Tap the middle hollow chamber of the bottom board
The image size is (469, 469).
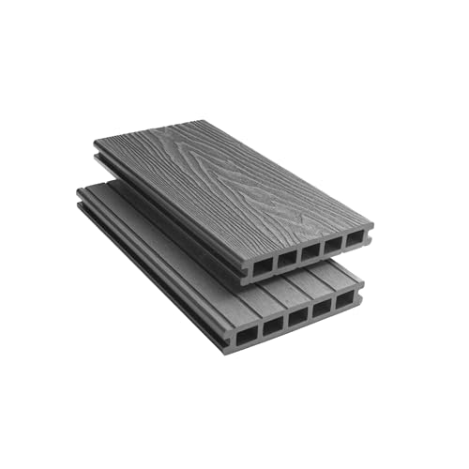[297, 317]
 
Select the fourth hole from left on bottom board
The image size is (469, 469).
[323, 309]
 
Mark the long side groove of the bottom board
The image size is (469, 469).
[150, 273]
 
